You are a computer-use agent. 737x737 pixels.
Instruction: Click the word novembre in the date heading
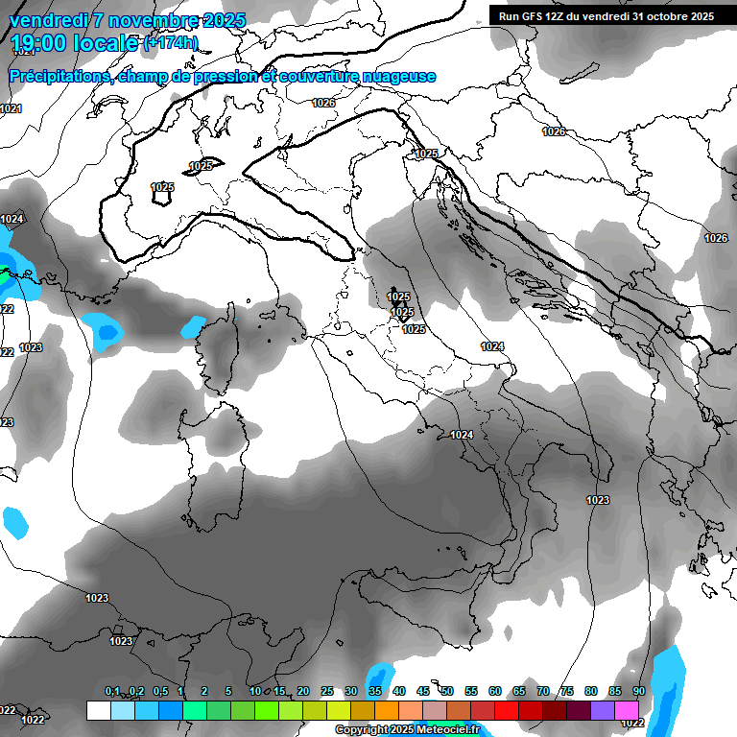click(x=153, y=20)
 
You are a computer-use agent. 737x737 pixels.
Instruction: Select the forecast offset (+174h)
click(x=171, y=42)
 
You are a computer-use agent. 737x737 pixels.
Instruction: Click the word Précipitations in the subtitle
click(x=58, y=77)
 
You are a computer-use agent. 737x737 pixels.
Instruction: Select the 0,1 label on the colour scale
click(x=112, y=692)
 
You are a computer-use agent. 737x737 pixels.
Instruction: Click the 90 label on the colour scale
click(x=638, y=692)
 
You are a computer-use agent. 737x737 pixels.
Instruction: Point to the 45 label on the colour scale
click(x=423, y=692)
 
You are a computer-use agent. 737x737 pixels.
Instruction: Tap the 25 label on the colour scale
click(x=327, y=692)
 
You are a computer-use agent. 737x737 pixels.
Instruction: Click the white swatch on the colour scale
click(x=98, y=710)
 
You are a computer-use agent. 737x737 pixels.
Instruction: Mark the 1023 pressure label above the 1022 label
click(x=120, y=641)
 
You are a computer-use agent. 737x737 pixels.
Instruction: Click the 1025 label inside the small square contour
click(x=162, y=188)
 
